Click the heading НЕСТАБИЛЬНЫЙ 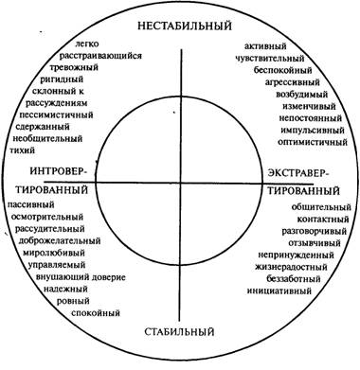185,26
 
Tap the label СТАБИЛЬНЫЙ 180,332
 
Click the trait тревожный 74,67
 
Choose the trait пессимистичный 56,115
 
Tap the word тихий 24,150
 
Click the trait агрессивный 293,82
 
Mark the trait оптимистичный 313,142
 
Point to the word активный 265,46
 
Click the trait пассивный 31,204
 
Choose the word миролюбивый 54,253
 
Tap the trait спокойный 96,313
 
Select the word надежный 65,289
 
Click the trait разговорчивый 315,232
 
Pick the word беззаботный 294,279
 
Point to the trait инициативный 279,291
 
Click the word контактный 323,220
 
